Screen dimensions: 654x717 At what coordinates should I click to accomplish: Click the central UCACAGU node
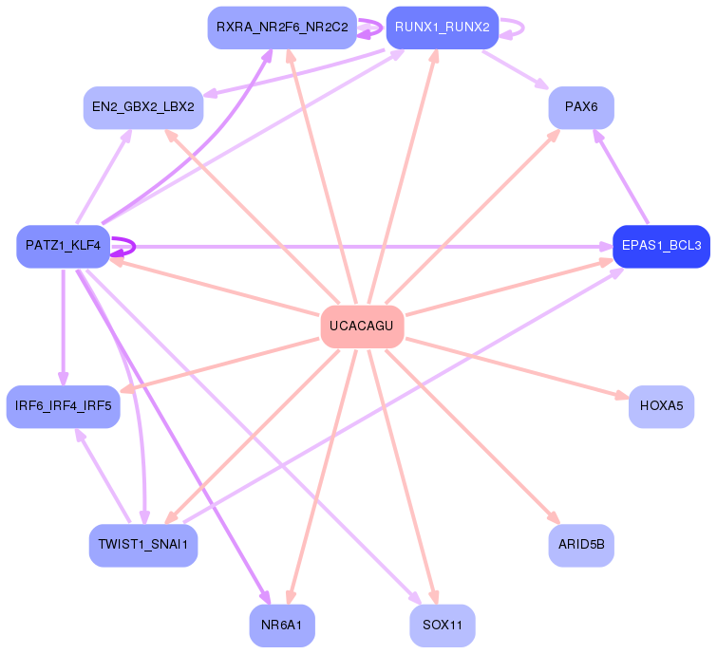pyautogui.click(x=362, y=327)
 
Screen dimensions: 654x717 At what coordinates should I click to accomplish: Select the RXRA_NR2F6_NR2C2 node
pyautogui.click(x=282, y=28)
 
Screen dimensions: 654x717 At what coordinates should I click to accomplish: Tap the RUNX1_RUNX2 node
pyautogui.click(x=442, y=28)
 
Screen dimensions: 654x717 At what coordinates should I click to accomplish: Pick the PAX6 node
pyautogui.click(x=580, y=107)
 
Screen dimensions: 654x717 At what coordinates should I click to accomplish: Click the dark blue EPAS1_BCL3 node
pyautogui.click(x=661, y=246)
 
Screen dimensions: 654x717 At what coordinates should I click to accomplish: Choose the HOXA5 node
pyautogui.click(x=661, y=406)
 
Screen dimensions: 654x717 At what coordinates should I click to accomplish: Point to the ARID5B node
pyautogui.click(x=580, y=545)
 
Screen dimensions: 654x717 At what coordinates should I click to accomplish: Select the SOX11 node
pyautogui.click(x=442, y=626)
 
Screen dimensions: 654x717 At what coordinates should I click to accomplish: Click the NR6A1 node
pyautogui.click(x=282, y=626)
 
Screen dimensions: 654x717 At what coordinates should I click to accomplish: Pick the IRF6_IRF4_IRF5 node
pyautogui.click(x=63, y=406)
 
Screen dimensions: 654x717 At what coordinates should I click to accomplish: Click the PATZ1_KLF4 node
pyautogui.click(x=63, y=246)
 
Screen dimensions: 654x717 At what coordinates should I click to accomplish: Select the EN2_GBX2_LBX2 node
pyautogui.click(x=143, y=107)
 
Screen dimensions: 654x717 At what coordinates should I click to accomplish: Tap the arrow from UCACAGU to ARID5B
pyautogui.click(x=475, y=439)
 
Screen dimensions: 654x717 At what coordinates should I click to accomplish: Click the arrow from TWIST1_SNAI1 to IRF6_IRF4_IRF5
pyautogui.click(x=103, y=475)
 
